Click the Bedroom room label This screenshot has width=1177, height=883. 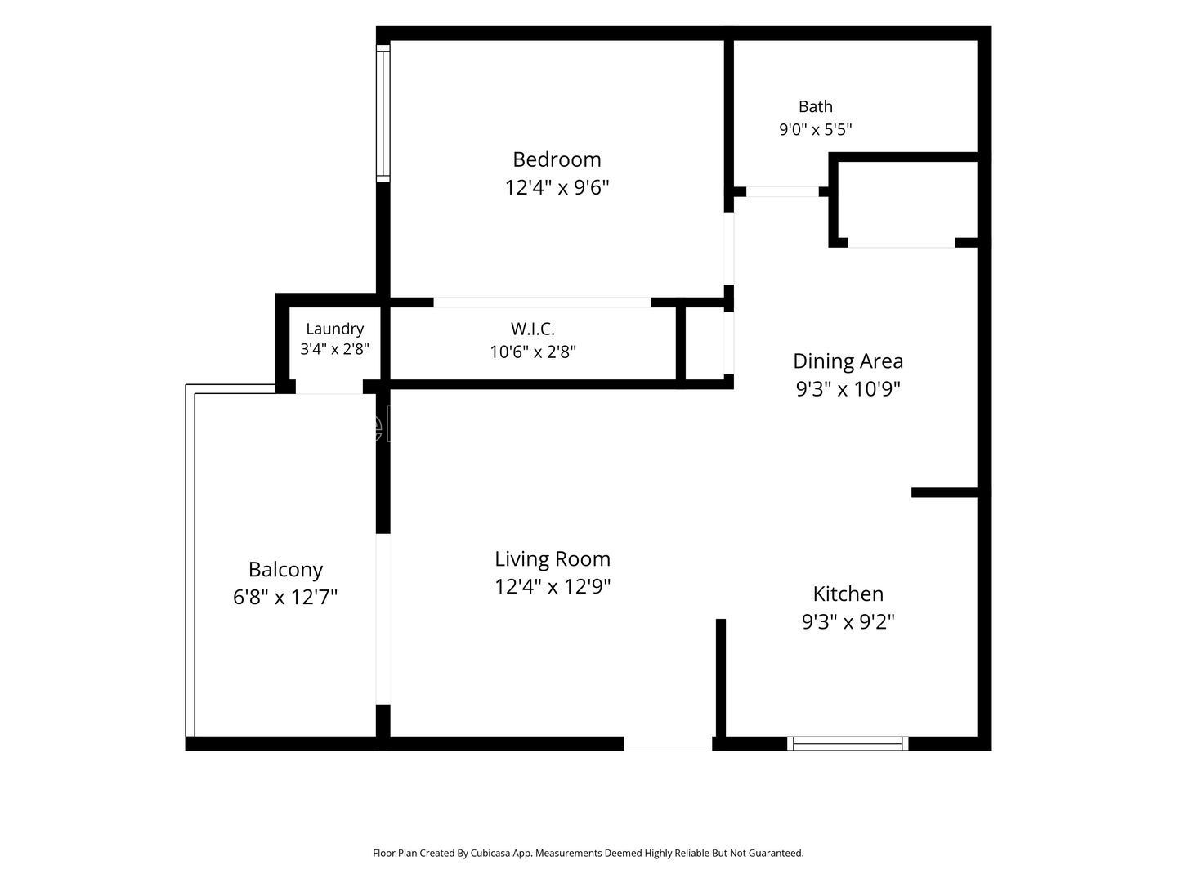click(x=557, y=159)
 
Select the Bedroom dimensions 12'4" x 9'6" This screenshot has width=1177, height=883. click(x=557, y=188)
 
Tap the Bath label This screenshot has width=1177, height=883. click(x=815, y=106)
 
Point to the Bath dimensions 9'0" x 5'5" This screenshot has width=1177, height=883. click(x=815, y=129)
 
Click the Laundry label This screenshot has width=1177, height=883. click(x=334, y=329)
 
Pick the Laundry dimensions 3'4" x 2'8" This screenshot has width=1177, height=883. click(x=334, y=349)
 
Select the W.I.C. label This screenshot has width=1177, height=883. click(x=532, y=328)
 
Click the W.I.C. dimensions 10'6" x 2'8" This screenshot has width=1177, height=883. click(x=532, y=352)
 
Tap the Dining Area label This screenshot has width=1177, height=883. click(x=848, y=361)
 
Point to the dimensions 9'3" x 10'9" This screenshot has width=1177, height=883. click(x=848, y=388)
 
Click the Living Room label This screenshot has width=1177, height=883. click(x=553, y=559)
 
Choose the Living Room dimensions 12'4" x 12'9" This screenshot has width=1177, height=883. click(x=553, y=586)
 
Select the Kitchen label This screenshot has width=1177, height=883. click(x=848, y=594)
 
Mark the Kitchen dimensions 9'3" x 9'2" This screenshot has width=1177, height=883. click(x=848, y=622)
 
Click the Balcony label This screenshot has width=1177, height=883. click(x=285, y=570)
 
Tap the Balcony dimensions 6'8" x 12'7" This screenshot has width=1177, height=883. click(x=285, y=597)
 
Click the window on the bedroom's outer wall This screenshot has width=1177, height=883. click(x=383, y=114)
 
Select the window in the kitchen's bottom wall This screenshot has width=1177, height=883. click(x=848, y=744)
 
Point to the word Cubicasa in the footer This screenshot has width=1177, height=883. click(x=490, y=853)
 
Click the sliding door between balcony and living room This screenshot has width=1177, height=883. click(x=383, y=619)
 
